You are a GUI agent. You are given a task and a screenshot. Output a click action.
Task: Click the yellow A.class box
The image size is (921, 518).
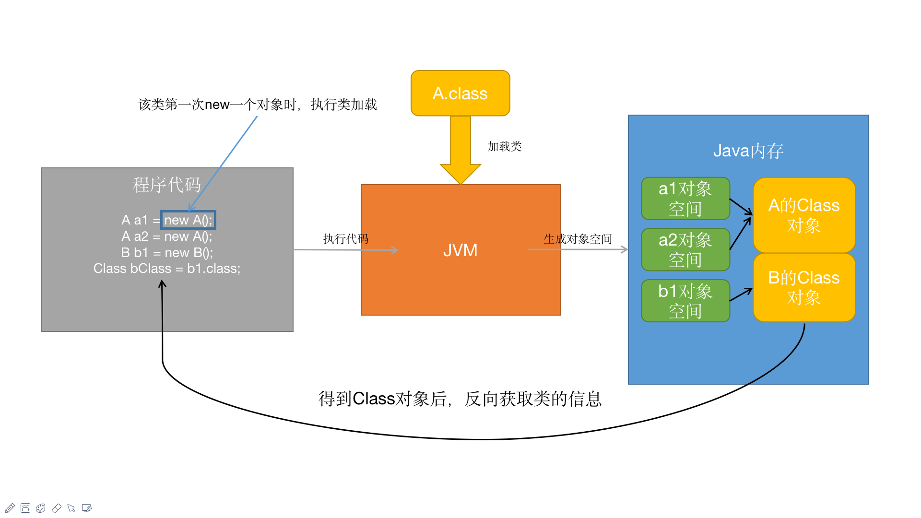(x=460, y=94)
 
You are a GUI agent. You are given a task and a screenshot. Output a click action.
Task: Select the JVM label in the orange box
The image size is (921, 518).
(x=460, y=250)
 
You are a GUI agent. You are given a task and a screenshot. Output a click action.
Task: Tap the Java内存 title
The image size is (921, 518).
(x=748, y=151)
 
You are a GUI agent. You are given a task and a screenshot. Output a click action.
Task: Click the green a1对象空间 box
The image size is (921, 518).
(x=685, y=199)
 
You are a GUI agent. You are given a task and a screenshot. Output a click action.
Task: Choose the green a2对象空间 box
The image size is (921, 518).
(x=685, y=249)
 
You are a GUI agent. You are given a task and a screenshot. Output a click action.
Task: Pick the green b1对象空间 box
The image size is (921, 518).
(x=685, y=301)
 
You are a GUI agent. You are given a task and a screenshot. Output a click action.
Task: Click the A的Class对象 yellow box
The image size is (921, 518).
(x=804, y=215)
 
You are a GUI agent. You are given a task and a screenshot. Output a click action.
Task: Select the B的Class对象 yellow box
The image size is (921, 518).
(x=804, y=287)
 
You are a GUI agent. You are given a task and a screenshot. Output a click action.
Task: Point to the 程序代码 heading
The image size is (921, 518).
(x=166, y=185)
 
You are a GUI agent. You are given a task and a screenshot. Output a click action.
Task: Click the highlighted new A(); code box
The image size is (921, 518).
(x=188, y=220)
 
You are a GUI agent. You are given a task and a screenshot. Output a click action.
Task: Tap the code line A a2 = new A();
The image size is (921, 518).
(x=166, y=236)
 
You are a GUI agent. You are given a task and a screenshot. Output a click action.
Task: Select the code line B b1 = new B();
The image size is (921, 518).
(x=166, y=253)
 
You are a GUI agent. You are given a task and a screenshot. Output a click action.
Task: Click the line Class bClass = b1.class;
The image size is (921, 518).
(x=166, y=269)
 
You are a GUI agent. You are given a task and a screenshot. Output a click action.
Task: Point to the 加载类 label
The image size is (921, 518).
(x=504, y=146)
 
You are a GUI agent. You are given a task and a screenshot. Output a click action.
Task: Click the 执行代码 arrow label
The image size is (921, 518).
(x=345, y=238)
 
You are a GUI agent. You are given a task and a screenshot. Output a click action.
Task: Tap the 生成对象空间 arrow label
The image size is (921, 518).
(x=578, y=239)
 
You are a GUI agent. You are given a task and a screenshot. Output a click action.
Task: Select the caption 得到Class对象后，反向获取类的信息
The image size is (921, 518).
(x=460, y=399)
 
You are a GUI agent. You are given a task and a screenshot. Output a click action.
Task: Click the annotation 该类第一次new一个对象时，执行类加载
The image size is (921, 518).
(x=257, y=105)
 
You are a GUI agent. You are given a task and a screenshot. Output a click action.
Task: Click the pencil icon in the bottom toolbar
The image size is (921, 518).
(x=10, y=508)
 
